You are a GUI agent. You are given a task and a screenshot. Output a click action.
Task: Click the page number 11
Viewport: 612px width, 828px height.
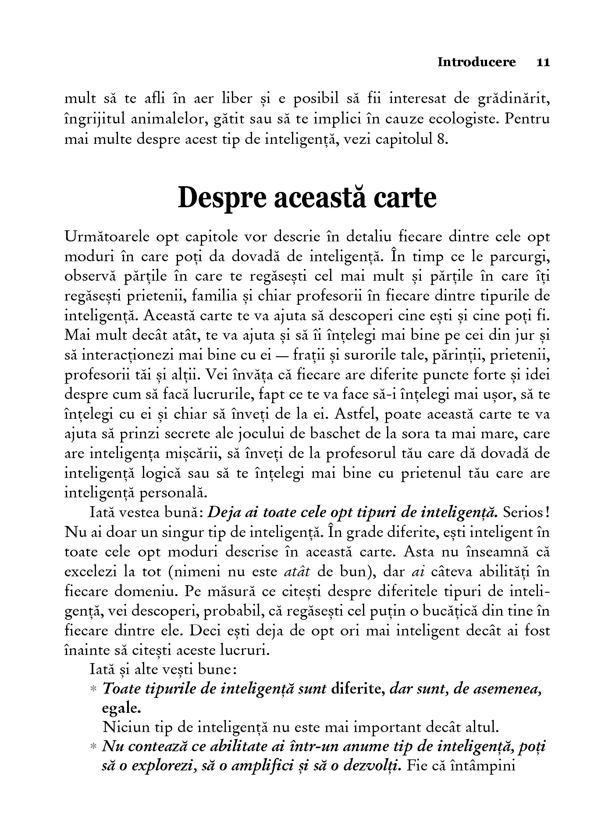click(x=543, y=62)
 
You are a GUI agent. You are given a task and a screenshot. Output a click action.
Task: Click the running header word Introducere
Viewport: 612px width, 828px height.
click(x=476, y=62)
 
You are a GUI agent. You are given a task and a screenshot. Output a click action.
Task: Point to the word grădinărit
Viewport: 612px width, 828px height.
click(x=514, y=99)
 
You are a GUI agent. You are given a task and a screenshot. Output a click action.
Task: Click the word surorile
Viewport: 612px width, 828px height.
click(x=370, y=355)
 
